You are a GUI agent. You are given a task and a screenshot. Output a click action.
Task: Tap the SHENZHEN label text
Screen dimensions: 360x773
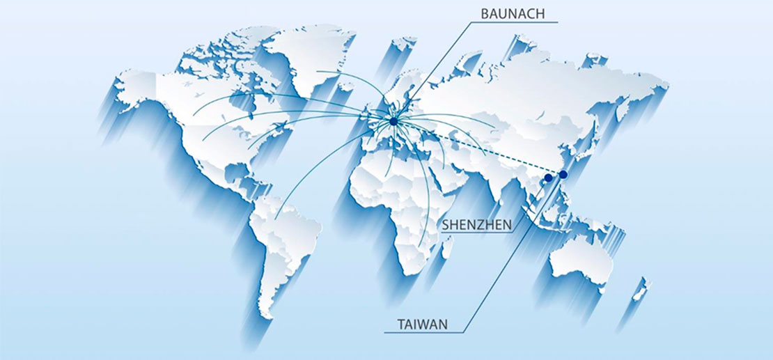(x=478, y=224)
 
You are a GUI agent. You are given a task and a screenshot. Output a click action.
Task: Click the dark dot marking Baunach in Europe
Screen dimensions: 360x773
(x=393, y=122)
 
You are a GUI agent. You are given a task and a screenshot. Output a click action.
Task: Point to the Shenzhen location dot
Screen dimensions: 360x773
(x=549, y=178)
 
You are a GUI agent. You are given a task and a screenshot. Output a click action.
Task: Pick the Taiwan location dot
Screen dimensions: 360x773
(x=563, y=174)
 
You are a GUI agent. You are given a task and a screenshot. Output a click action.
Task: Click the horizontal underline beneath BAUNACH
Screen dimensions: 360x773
(x=515, y=22)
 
